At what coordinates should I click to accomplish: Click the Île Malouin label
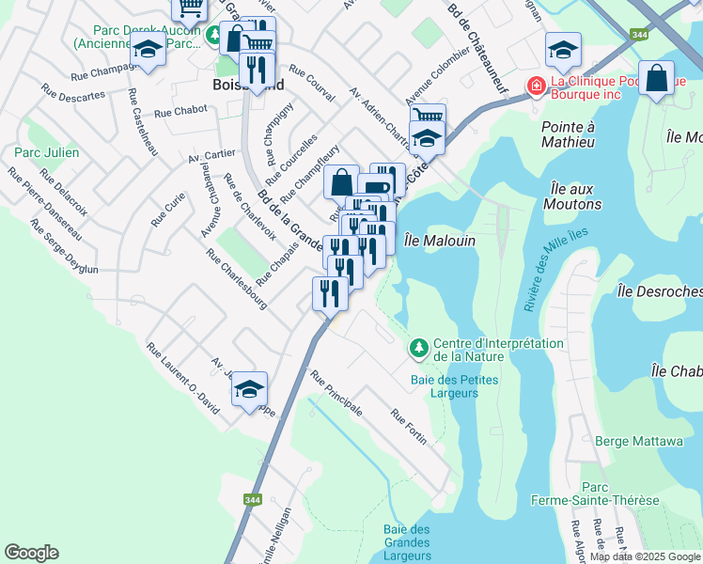[x=439, y=241]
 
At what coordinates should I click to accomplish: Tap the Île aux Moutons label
[x=571, y=196]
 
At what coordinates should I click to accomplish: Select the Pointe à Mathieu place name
[x=568, y=134]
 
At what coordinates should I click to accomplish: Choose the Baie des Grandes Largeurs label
[x=406, y=542]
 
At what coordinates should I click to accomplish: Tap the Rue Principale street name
[x=336, y=394]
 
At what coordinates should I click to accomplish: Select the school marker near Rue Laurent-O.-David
[x=250, y=388]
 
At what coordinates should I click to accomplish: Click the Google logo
[x=31, y=553]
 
